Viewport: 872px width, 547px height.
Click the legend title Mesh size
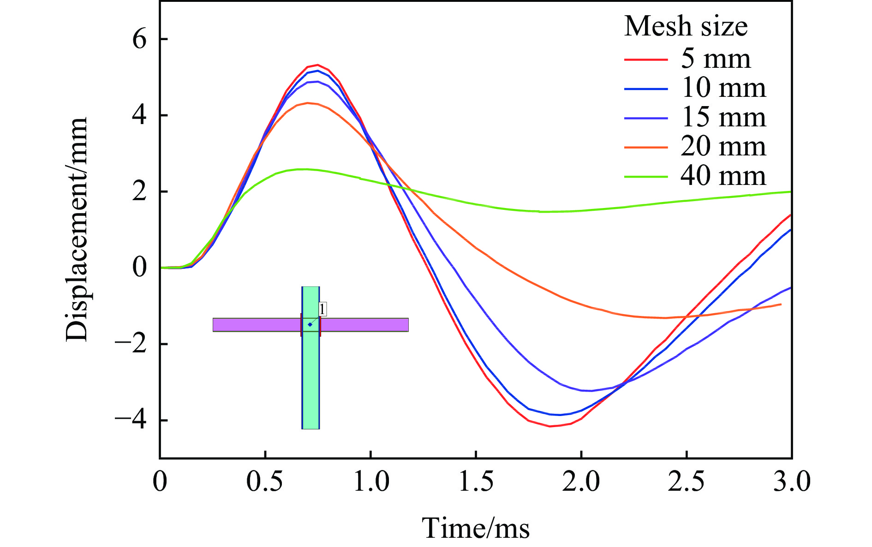point(686,26)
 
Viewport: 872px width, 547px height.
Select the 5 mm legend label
point(716,59)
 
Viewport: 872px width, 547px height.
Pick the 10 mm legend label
point(723,88)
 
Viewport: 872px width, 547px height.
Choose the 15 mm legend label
point(723,118)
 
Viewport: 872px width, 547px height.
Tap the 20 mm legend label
point(723,147)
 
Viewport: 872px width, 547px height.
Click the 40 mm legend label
point(723,176)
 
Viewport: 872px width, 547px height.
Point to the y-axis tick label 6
point(139,40)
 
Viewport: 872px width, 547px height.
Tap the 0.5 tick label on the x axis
point(265,482)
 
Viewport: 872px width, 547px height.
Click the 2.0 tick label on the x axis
point(581,482)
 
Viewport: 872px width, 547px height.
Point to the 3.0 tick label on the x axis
point(791,482)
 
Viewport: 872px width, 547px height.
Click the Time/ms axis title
point(476,528)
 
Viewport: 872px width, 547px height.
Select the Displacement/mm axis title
point(77,229)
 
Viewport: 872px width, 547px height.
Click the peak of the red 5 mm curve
point(317,65)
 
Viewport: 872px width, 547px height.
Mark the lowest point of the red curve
point(550,426)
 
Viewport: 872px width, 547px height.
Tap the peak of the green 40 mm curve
point(302,169)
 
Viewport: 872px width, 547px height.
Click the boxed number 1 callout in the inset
point(322,309)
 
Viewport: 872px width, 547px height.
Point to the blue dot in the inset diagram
point(310,325)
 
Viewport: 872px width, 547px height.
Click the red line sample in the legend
point(646,59)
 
